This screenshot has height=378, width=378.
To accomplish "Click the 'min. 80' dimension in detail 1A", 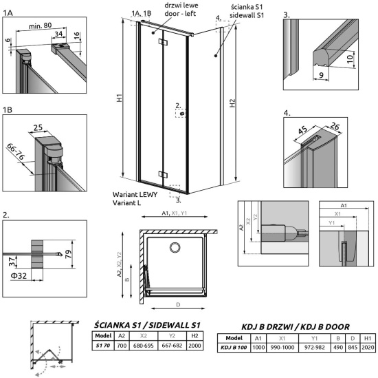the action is (x=41, y=25).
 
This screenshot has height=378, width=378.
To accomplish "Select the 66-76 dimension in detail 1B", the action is (x=16, y=151).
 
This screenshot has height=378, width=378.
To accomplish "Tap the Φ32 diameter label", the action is (x=19, y=275).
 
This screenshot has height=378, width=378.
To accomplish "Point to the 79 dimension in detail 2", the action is (x=69, y=254).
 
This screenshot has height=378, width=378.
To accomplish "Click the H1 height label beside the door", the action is (x=120, y=98).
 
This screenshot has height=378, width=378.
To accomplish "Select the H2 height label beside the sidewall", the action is (x=232, y=103).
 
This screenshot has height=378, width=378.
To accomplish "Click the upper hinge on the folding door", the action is (x=163, y=42).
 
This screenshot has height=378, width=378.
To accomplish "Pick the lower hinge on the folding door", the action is (x=163, y=174).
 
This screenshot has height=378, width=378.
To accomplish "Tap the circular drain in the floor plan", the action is (x=175, y=248).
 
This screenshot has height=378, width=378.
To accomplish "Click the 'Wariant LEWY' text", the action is (x=135, y=194).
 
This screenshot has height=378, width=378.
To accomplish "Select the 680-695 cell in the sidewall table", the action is (x=144, y=346).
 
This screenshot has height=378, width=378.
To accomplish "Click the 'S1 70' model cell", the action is (x=103, y=346).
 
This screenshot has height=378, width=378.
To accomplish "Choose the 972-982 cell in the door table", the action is (x=314, y=347).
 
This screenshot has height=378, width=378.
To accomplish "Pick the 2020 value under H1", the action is (x=368, y=347).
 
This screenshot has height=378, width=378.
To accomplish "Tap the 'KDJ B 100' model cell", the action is (x=234, y=347).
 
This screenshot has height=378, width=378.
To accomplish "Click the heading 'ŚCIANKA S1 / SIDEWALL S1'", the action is (x=147, y=325).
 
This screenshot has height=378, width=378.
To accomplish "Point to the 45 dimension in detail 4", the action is (x=302, y=129).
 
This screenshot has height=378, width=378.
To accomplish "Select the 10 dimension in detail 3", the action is (x=350, y=58).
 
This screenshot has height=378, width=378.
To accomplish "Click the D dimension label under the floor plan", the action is (x=178, y=305).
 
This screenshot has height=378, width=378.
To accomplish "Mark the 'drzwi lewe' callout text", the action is (x=181, y=6).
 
